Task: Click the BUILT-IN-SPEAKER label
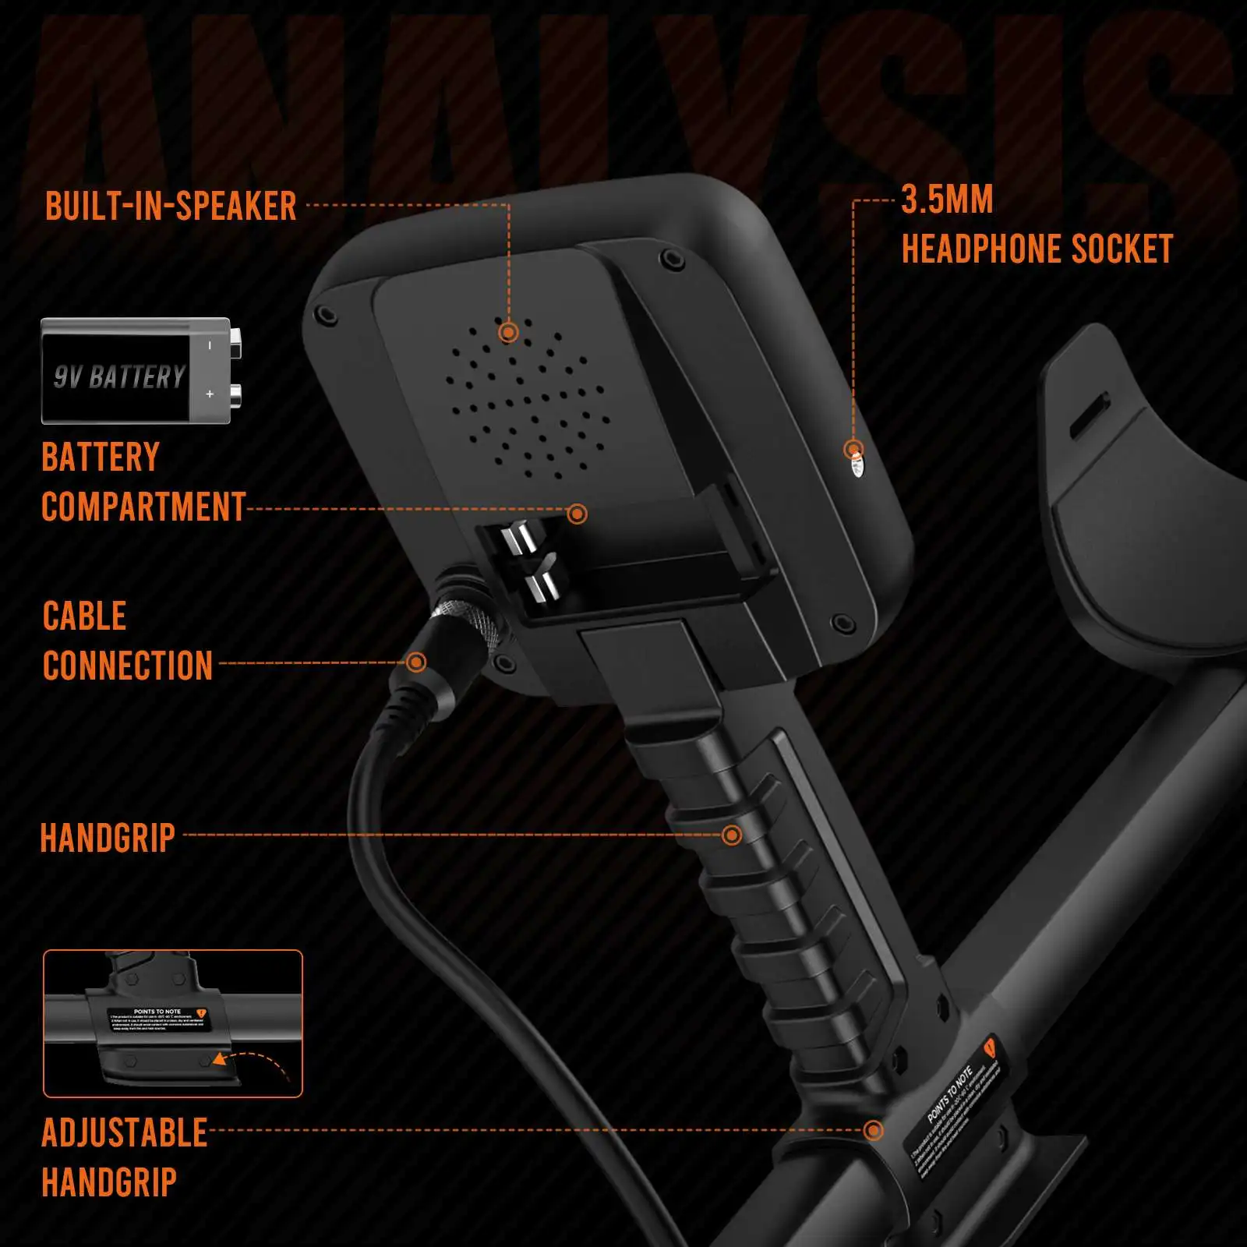point(171,207)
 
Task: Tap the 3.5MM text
point(947,200)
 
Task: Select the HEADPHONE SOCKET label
point(1037,249)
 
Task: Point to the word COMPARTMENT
point(143,507)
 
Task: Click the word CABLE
point(84,616)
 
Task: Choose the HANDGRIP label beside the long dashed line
point(108,838)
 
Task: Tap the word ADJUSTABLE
point(125,1132)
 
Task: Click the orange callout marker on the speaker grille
point(508,333)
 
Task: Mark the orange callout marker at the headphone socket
point(853,450)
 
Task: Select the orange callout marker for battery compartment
point(577,514)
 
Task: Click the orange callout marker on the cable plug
point(416,662)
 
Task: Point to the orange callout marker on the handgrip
point(731,835)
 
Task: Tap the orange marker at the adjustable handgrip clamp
point(873,1130)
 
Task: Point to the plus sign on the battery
point(210,394)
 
